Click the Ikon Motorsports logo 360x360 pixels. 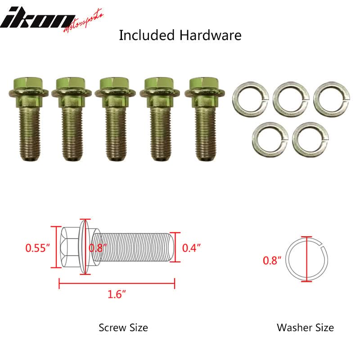click(x=52, y=20)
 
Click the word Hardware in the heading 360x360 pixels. click(x=210, y=36)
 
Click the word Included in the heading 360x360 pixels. click(x=147, y=36)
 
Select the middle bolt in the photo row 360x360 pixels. click(x=115, y=119)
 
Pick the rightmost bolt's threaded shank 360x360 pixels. click(x=206, y=134)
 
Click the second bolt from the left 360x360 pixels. click(x=72, y=119)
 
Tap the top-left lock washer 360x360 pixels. click(x=251, y=99)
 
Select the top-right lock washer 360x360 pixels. click(x=331, y=99)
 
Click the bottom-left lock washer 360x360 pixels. click(x=270, y=139)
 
